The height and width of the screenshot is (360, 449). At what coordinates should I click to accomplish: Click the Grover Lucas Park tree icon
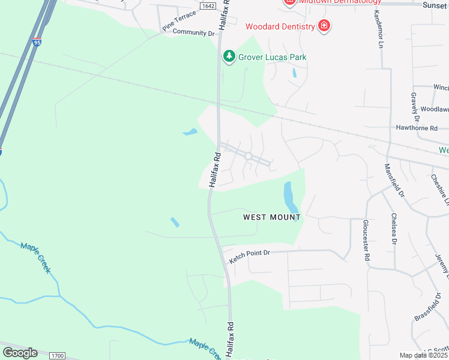pyautogui.click(x=228, y=56)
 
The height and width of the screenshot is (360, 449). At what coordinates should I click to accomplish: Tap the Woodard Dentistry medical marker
pyautogui.click(x=324, y=26)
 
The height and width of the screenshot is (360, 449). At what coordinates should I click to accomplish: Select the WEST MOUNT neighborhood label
pyautogui.click(x=271, y=217)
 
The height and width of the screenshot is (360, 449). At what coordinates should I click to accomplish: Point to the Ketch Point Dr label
pyautogui.click(x=250, y=257)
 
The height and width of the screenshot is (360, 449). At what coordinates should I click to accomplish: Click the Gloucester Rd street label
pyautogui.click(x=366, y=239)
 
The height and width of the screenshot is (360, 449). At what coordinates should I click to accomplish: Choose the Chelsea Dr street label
pyautogui.click(x=394, y=229)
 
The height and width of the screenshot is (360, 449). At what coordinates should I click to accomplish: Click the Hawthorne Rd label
pyautogui.click(x=417, y=128)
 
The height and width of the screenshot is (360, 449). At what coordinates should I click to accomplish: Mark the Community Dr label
pyautogui.click(x=193, y=33)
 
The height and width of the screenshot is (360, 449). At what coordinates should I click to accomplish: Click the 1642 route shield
pyautogui.click(x=207, y=5)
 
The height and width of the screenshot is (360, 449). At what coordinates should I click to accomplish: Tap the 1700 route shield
pyautogui.click(x=57, y=356)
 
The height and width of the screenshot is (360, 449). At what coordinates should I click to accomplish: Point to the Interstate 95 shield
pyautogui.click(x=1, y=151)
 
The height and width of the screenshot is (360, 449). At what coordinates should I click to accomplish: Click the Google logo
pyautogui.click(x=20, y=352)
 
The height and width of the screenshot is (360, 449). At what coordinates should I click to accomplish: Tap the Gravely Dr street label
pyautogui.click(x=414, y=104)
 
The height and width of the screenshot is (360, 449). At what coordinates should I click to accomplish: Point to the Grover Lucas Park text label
pyautogui.click(x=273, y=57)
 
